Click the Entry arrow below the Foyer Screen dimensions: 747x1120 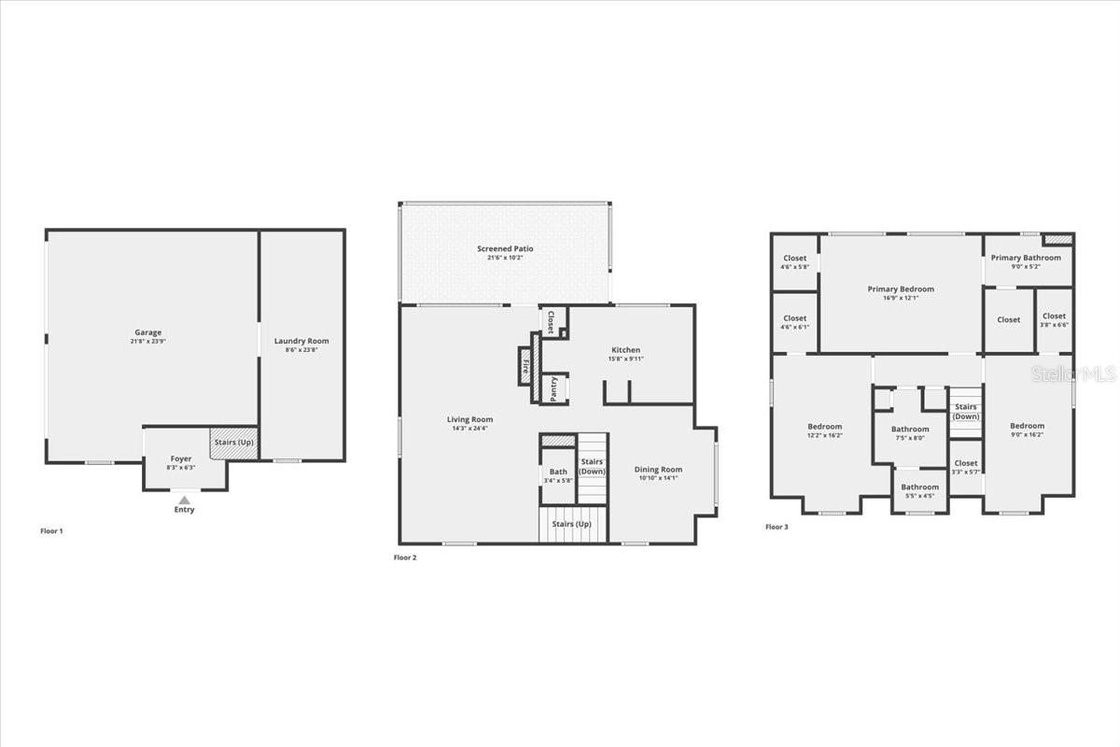tap(185, 500)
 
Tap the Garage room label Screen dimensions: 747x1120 tap(148, 332)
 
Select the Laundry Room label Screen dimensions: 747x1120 tap(301, 341)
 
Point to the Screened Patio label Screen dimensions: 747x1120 tap(505, 248)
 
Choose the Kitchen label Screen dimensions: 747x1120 tap(625, 350)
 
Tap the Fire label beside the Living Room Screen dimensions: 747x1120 tap(525, 366)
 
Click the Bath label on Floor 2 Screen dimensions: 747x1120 tap(558, 472)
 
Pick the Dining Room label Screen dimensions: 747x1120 tap(658, 470)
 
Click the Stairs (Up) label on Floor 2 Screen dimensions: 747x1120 tap(571, 524)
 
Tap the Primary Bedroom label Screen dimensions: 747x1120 tap(901, 289)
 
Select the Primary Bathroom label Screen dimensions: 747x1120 tap(1026, 258)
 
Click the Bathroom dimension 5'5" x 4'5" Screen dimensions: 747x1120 tap(919, 496)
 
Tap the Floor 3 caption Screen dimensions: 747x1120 tap(777, 528)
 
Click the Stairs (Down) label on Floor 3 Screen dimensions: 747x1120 tap(966, 412)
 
